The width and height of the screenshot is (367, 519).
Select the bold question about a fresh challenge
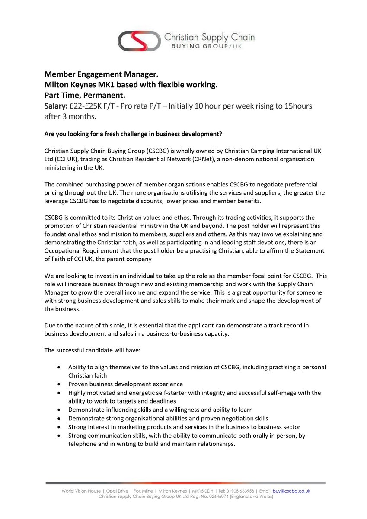click(133, 134)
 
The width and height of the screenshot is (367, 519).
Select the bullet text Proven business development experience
click(125, 384)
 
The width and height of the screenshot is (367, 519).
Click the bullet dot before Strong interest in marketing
click(59, 427)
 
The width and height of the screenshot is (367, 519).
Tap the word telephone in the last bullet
click(83, 444)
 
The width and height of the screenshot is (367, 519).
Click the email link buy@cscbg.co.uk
click(291, 491)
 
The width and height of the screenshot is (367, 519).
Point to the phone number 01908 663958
click(239, 491)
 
